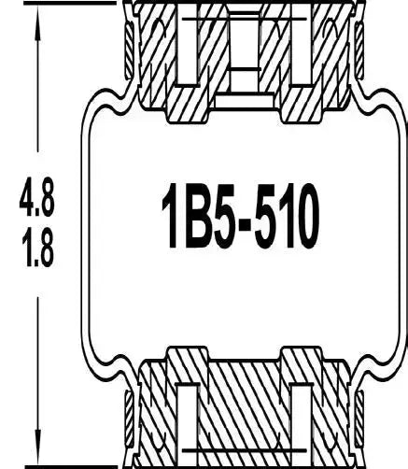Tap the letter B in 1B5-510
tap(204, 219)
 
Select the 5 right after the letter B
tap(236, 219)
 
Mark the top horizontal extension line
tap(65, 3)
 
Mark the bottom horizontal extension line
tap(65, 464)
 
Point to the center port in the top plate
tap(244, 47)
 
